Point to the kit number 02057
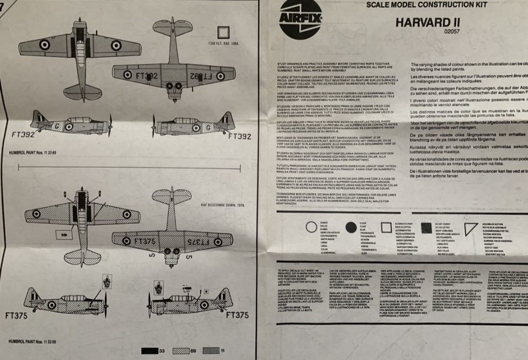(452, 32)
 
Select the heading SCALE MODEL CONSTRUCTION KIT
(427, 5)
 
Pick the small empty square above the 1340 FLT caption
(223, 32)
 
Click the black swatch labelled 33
(150, 350)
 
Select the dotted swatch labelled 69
(181, 350)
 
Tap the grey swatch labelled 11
(211, 350)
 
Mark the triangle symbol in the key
(470, 229)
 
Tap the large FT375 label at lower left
(16, 316)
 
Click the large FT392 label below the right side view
(239, 136)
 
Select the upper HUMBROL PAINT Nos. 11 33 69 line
(32, 153)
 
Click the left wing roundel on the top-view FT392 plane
(44, 45)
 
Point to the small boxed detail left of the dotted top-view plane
(64, 234)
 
